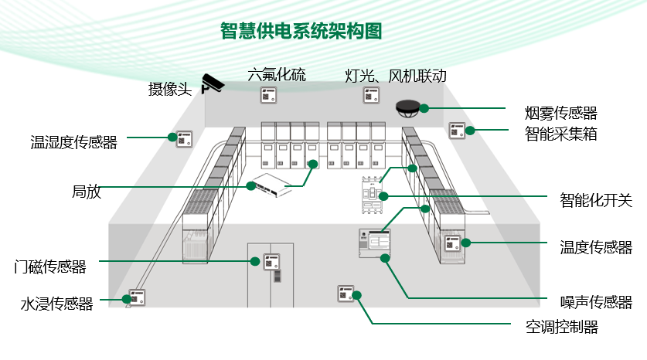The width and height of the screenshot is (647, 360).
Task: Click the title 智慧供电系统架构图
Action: tap(301, 32)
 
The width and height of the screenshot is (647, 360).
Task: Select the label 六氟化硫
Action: tap(277, 75)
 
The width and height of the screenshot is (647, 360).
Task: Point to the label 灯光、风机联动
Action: tap(396, 76)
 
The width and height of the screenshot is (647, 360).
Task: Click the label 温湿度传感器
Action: tap(73, 142)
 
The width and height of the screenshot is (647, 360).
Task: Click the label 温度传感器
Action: tap(596, 247)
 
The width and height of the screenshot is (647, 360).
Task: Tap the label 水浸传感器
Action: tap(56, 304)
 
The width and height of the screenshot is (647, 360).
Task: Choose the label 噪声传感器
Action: tap(596, 302)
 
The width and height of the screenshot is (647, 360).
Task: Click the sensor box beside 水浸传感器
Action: tap(138, 297)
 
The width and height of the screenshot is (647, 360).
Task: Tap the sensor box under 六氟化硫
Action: tap(268, 97)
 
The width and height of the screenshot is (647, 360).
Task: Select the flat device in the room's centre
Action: tap(268, 184)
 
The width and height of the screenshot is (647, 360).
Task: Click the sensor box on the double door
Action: tap(271, 262)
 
